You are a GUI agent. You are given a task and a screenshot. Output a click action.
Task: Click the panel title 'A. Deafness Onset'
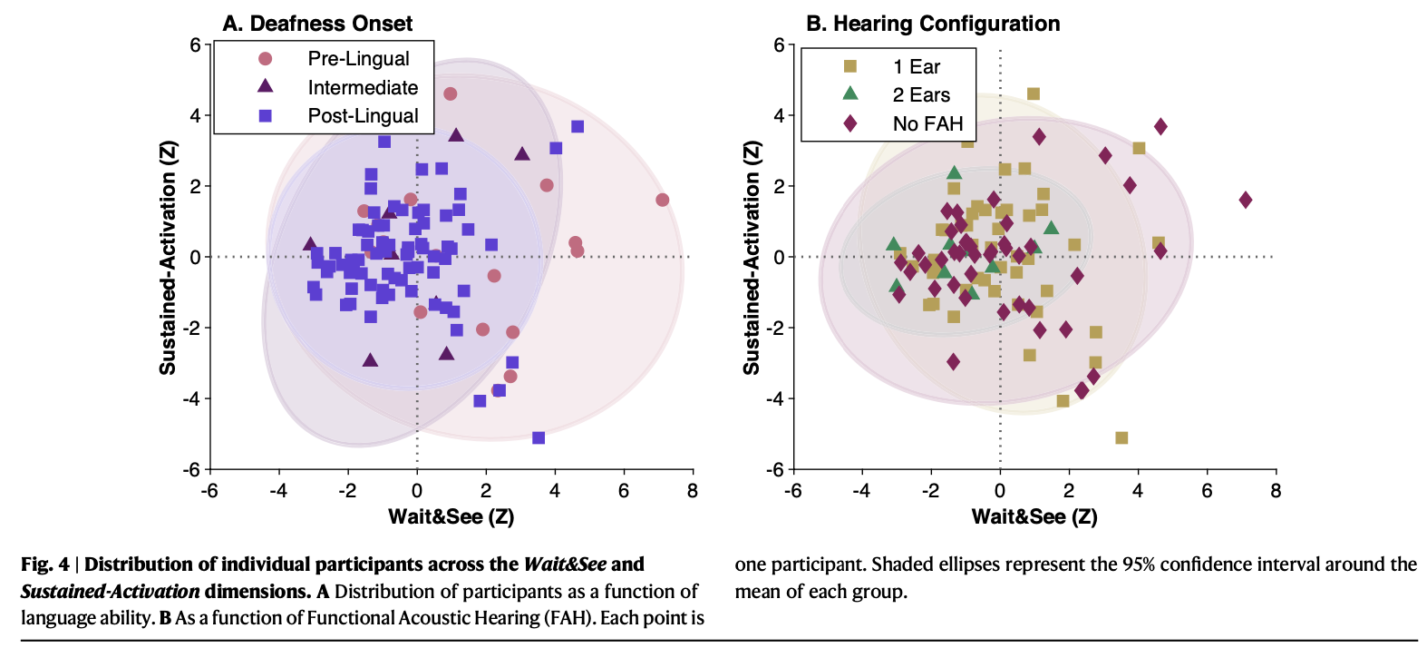[x=317, y=24]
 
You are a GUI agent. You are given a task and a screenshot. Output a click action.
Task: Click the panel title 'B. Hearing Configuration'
[x=933, y=24]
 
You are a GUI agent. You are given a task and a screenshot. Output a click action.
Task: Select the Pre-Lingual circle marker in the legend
[x=266, y=59]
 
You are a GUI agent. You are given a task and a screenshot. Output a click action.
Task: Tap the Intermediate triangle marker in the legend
[x=266, y=86]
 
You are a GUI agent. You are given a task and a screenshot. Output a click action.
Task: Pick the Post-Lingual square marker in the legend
[x=266, y=116]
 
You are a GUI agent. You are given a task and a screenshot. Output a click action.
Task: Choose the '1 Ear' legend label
[x=916, y=67]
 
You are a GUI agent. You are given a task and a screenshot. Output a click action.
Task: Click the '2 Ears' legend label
[x=921, y=95]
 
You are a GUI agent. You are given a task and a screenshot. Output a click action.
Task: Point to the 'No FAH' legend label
[x=927, y=124]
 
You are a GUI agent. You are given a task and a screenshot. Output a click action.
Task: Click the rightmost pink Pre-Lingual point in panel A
[x=662, y=200]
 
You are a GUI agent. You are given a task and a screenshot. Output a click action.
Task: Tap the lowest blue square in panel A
[x=539, y=438]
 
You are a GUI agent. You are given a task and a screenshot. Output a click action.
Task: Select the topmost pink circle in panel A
[x=451, y=93]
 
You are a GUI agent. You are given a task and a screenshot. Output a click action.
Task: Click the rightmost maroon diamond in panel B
[x=1246, y=200]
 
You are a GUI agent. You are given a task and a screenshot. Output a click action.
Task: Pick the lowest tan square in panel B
[x=1121, y=438]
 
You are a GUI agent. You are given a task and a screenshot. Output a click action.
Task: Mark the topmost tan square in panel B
[x=1034, y=93]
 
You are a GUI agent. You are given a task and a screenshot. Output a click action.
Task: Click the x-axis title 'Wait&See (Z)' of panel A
[x=451, y=517]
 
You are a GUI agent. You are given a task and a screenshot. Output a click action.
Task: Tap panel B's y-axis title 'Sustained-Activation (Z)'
[x=752, y=258]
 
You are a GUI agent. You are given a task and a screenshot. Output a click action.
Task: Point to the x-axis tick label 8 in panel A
[x=693, y=491]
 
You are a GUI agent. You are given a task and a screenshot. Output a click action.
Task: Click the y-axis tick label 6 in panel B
[x=779, y=45]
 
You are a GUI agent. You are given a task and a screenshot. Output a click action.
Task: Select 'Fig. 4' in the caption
[x=44, y=565]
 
